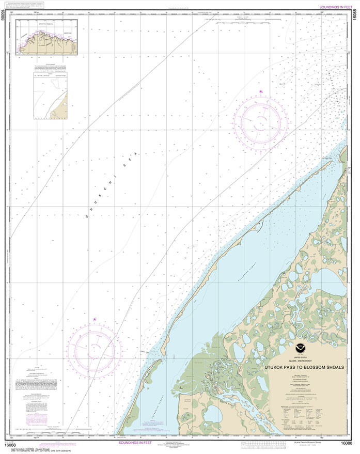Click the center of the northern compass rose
[x=260, y=122]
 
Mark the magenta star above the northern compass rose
[x=261, y=92]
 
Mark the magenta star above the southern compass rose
[x=95, y=319]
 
